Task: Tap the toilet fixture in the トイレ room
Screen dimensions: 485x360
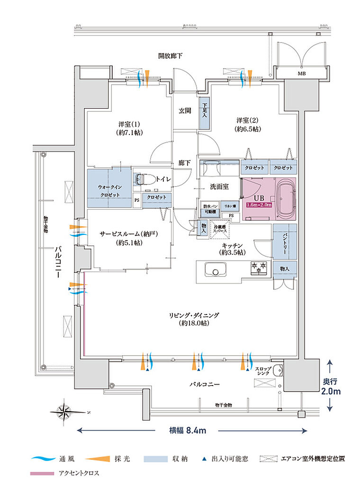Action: [140, 179]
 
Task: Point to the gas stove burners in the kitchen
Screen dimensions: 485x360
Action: [259, 268]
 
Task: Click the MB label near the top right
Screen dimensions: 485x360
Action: [301, 74]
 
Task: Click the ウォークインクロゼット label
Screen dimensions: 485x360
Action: [110, 191]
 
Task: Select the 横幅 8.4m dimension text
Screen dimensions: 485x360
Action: [187, 431]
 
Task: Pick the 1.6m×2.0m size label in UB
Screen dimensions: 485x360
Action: [259, 205]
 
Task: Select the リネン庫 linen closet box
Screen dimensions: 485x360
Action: [231, 207]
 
